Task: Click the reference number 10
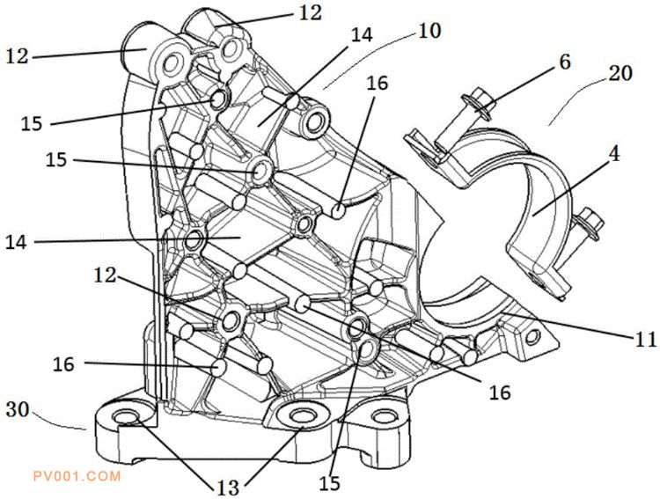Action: point(430,31)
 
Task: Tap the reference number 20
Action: point(620,75)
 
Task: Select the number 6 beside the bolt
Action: point(564,62)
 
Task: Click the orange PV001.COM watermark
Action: point(76,476)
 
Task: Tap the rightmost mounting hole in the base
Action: point(381,416)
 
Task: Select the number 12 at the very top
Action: point(310,12)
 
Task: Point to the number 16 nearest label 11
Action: point(499,393)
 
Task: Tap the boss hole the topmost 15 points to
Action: point(216,99)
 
